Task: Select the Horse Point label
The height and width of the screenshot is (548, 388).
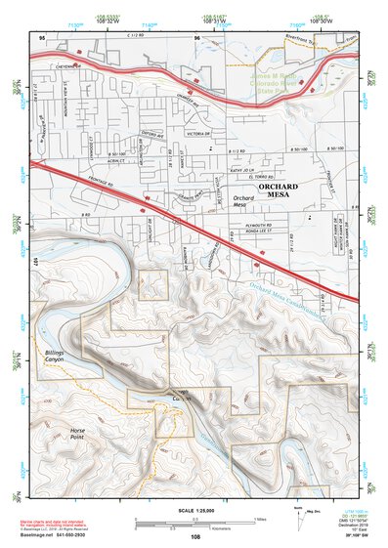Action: click(82, 435)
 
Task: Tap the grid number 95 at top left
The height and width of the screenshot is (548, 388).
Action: click(42, 38)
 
